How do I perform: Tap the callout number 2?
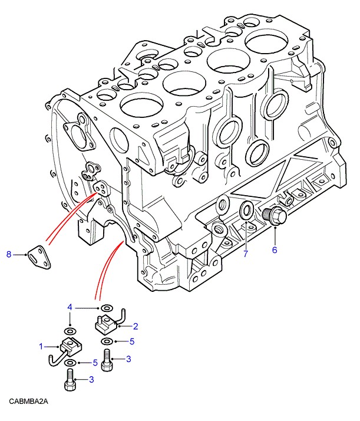click(x=135, y=325)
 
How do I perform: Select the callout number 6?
click(x=274, y=250)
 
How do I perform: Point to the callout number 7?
click(x=246, y=254)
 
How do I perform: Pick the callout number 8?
click(x=9, y=254)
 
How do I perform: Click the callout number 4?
click(x=70, y=307)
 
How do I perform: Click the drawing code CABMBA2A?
click(x=28, y=402)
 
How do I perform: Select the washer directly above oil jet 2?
click(x=107, y=308)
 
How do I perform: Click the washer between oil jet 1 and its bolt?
click(x=70, y=363)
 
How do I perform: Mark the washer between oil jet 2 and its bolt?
click(x=106, y=341)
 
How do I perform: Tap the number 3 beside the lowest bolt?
click(x=92, y=380)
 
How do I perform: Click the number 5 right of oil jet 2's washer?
click(x=133, y=341)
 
